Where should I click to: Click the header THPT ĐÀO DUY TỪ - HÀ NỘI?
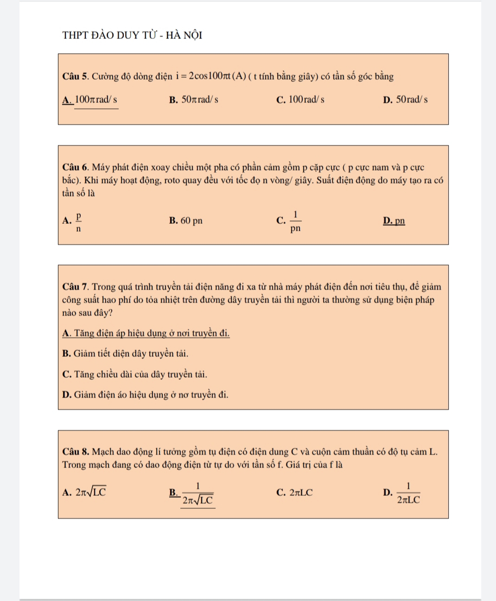point(132,35)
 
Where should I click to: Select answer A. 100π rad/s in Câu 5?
point(90,100)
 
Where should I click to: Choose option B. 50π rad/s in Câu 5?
point(194,100)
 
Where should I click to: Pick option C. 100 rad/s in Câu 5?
point(300,100)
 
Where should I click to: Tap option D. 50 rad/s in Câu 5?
point(406,100)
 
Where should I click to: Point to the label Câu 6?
point(75,167)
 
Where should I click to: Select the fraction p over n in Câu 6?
point(79,221)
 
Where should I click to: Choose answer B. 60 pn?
point(186,221)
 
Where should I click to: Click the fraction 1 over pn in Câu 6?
point(295,221)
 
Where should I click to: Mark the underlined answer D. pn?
point(394,221)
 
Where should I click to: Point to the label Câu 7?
point(75,287)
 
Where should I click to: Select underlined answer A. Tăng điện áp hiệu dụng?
point(146,333)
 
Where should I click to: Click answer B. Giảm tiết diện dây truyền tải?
point(125,354)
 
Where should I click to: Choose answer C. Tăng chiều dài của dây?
point(134,374)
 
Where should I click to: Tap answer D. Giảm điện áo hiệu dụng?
point(145,395)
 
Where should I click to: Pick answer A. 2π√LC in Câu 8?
point(85,492)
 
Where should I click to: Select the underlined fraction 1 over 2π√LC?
point(197,493)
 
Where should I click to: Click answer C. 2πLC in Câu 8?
point(294,493)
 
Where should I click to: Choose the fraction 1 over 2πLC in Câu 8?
point(408,493)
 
